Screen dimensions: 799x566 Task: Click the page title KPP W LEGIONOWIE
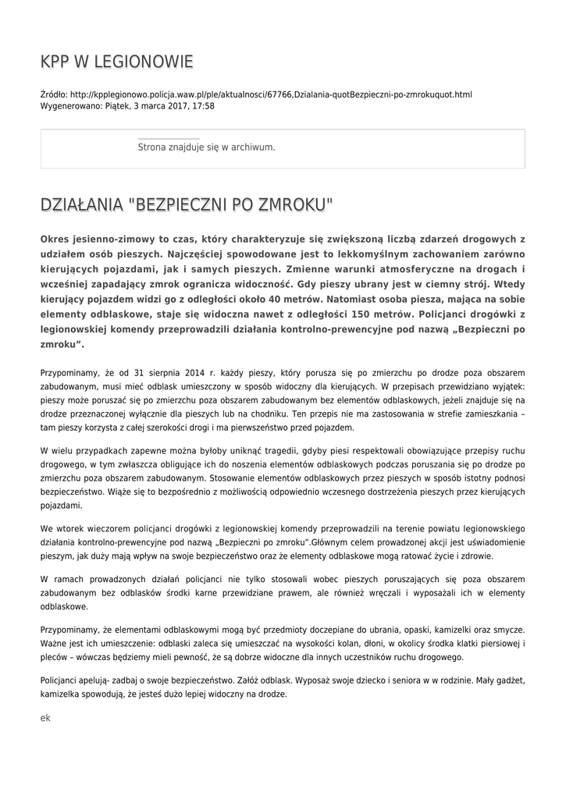(116, 62)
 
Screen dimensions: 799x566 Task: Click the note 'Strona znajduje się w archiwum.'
(206, 147)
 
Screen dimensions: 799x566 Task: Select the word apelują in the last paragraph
(98, 680)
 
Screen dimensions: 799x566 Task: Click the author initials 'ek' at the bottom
(45, 717)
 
